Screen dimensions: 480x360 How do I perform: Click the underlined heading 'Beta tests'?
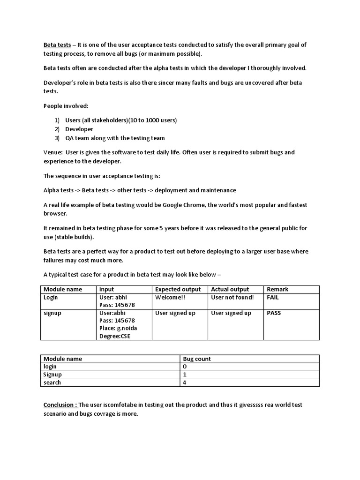(57, 45)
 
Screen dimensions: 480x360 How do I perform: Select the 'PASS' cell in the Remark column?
(274, 313)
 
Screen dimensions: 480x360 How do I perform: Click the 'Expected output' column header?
(178, 289)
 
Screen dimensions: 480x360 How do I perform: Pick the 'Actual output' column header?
(230, 289)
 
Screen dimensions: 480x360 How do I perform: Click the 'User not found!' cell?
(232, 297)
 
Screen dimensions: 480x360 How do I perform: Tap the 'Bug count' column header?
(197, 359)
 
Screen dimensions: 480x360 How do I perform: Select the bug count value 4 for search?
(185, 382)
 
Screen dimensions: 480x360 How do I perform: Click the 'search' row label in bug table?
(52, 382)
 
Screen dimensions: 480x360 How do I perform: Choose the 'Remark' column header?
(277, 289)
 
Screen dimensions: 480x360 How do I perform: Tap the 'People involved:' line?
(66, 106)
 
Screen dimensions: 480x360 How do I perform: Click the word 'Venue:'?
(52, 152)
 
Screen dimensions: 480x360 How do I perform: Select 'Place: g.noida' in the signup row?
(118, 328)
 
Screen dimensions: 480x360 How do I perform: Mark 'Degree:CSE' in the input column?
(115, 336)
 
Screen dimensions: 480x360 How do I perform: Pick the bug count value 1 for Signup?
(185, 375)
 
